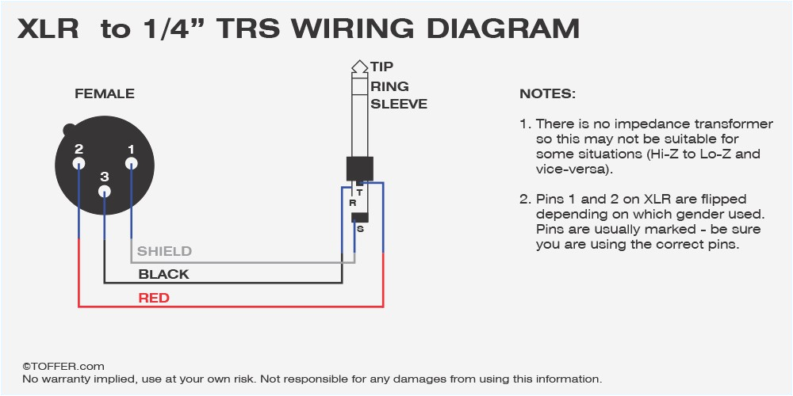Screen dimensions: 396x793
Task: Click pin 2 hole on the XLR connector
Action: tap(79, 164)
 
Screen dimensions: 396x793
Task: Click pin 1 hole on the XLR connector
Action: tap(132, 164)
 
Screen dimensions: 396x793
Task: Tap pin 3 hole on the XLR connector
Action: tap(105, 191)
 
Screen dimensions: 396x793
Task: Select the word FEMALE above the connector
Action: tap(105, 94)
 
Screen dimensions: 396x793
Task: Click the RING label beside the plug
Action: tap(389, 86)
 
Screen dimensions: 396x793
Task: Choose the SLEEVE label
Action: tap(398, 104)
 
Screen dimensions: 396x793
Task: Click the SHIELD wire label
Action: tap(164, 251)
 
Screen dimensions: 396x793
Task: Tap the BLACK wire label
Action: tap(163, 274)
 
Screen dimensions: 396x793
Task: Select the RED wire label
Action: tap(154, 298)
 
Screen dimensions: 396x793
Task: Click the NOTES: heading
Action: tap(547, 94)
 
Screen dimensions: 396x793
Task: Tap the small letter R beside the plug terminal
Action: tap(352, 203)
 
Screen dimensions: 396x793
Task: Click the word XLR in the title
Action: tap(48, 29)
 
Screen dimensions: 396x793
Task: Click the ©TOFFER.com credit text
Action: tap(63, 366)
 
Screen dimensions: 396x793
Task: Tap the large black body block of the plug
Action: tap(359, 169)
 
